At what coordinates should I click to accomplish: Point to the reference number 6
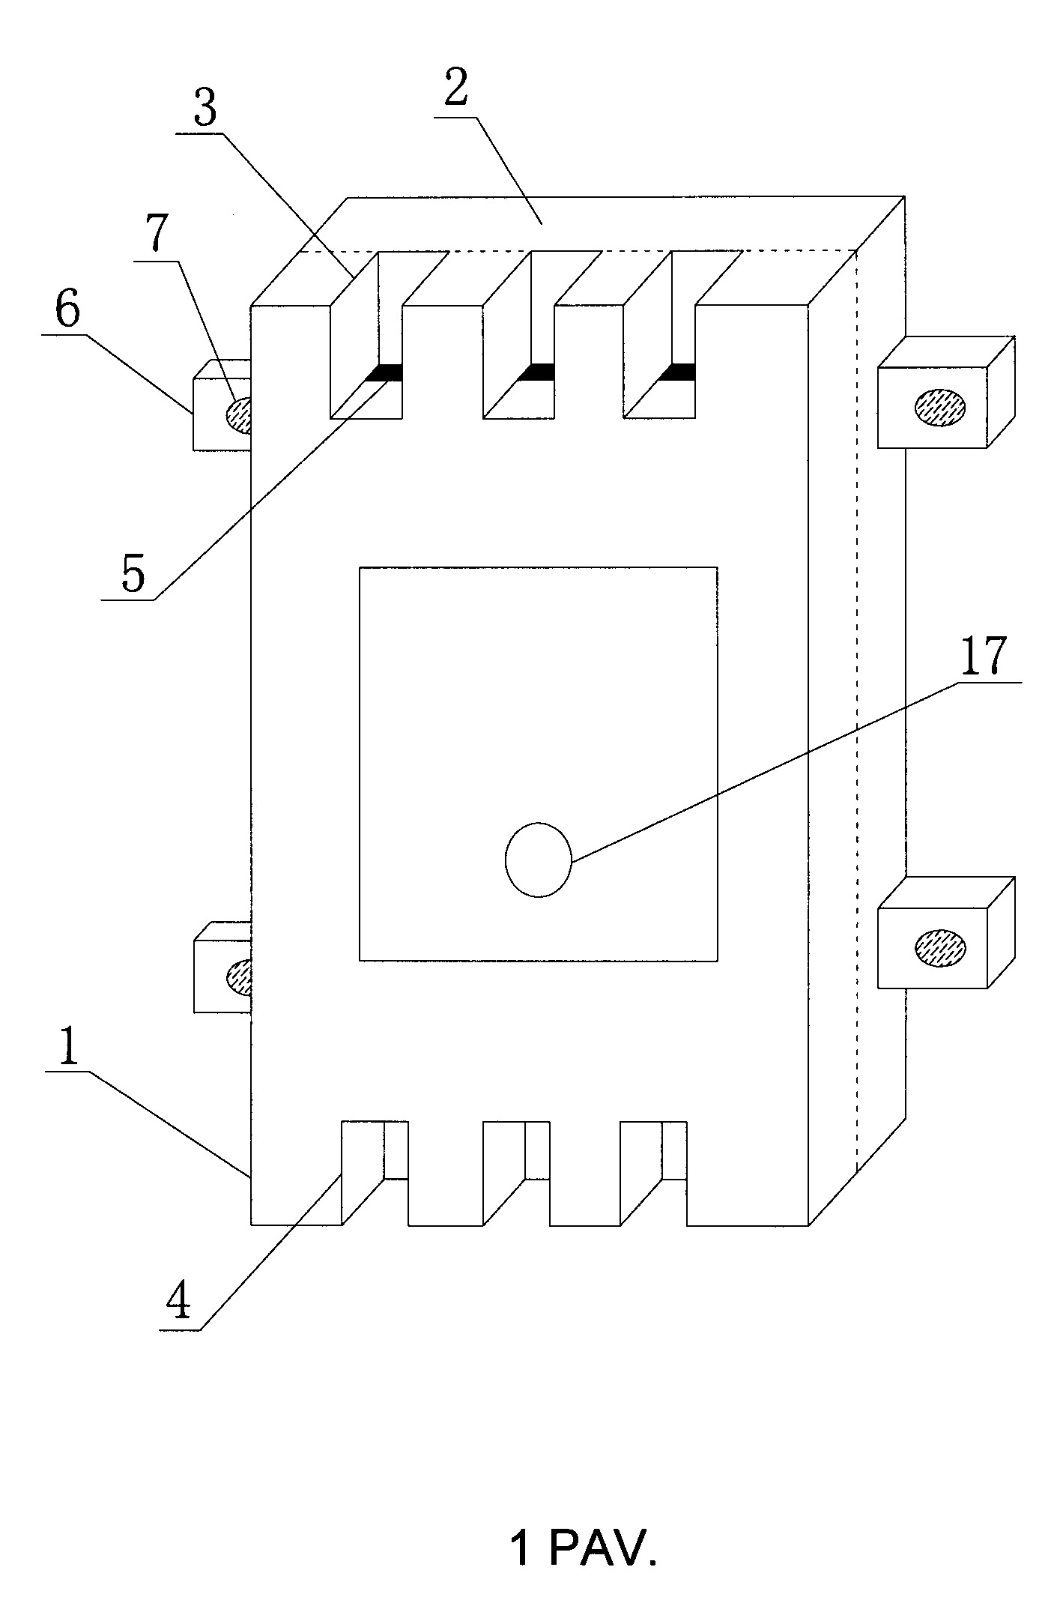point(67,311)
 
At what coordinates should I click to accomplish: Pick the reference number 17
point(983,657)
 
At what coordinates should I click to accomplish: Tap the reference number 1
point(69,1048)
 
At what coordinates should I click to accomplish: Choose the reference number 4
point(178,1304)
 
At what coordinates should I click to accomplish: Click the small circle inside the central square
point(539,860)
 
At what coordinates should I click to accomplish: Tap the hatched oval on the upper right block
point(940,406)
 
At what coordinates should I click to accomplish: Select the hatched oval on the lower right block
point(940,947)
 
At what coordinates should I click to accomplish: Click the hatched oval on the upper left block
point(238,414)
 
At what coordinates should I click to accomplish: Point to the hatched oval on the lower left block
point(239,976)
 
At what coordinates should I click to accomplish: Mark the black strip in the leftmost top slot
point(384,372)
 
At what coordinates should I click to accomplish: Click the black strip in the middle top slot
point(536,372)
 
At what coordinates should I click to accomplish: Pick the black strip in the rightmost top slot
point(677,372)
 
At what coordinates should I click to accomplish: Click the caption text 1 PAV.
point(584,1548)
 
